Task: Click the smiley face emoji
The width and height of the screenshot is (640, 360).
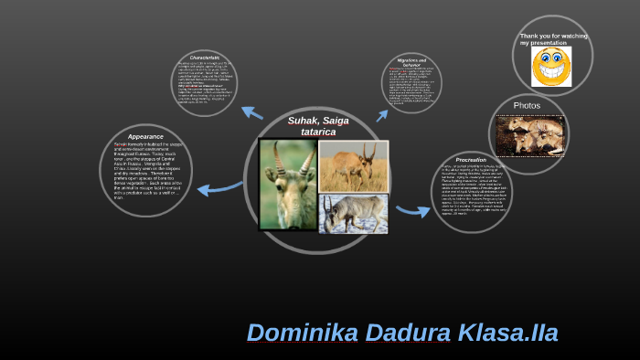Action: [551, 67]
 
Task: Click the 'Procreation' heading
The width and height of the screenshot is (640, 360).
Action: [471, 160]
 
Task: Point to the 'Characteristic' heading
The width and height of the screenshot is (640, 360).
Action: [206, 57]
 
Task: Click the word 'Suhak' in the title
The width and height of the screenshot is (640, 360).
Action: [304, 121]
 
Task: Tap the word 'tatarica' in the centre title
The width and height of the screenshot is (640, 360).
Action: [319, 132]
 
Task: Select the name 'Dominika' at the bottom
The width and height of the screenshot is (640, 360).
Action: [304, 333]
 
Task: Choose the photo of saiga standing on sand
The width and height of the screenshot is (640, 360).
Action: [353, 165]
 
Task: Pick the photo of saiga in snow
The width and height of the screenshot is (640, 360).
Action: [353, 213]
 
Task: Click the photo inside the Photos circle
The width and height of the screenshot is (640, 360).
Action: [529, 135]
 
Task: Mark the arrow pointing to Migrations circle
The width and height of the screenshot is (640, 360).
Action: [382, 115]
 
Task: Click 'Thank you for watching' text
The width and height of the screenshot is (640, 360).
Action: [554, 36]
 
